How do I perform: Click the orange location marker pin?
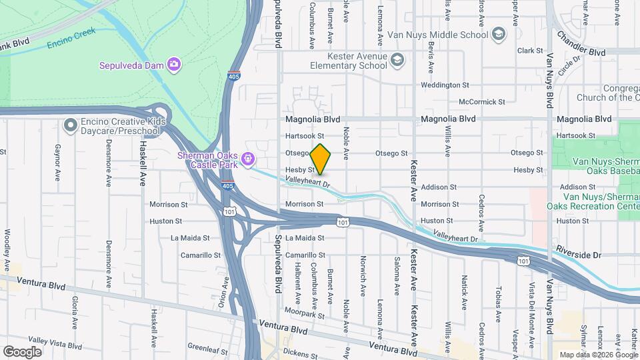321,159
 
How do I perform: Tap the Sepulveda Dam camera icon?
174,65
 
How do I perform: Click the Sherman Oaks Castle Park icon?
247,159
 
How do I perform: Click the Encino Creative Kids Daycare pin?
70,125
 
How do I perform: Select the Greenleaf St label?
207,347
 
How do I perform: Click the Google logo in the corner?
22,351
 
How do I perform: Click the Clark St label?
531,51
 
